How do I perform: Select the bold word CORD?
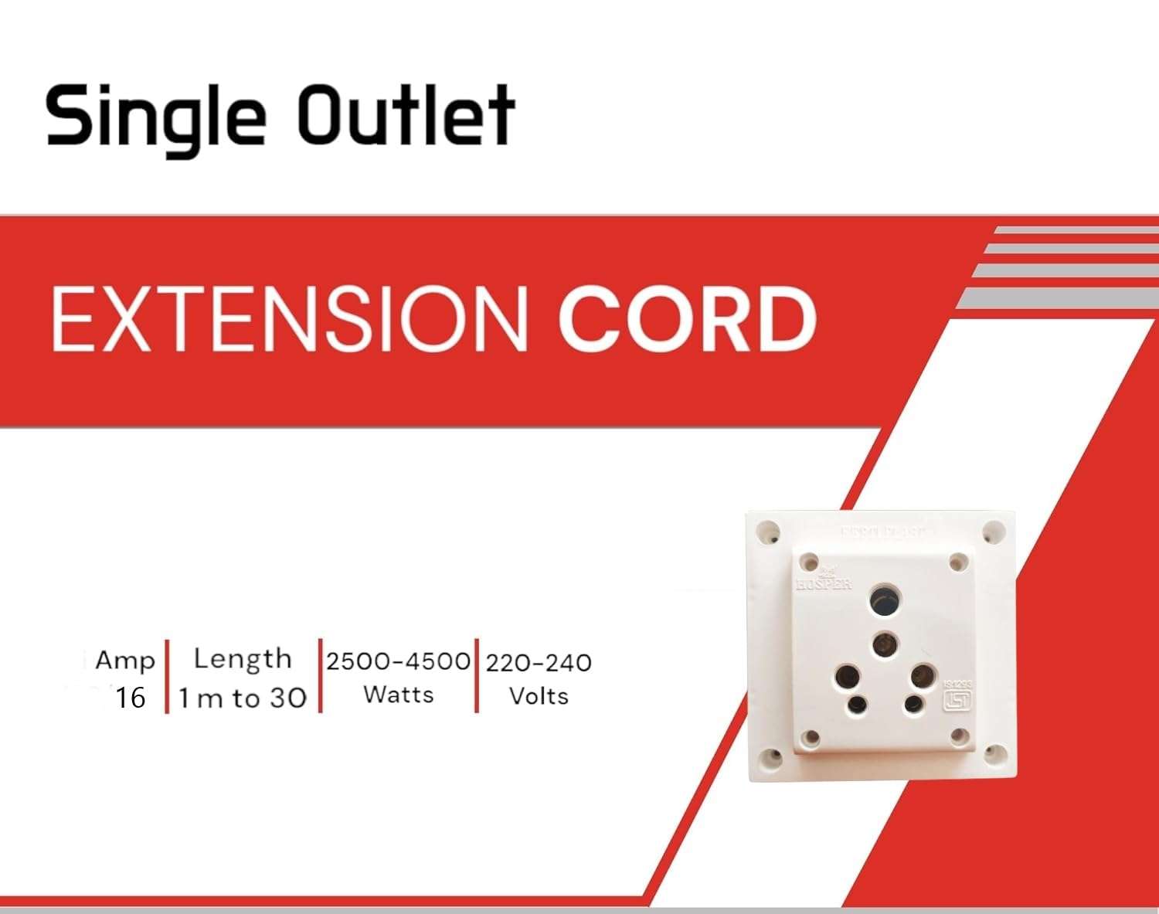click(687, 318)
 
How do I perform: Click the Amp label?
click(124, 661)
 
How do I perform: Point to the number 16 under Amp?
click(130, 698)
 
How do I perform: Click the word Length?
click(243, 659)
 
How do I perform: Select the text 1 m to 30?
click(243, 698)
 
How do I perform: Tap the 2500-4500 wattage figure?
click(398, 661)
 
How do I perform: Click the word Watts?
click(399, 695)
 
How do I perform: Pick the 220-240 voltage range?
click(539, 662)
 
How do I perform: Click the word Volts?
click(539, 695)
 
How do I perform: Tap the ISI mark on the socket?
click(957, 699)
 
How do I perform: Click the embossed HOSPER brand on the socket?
click(824, 582)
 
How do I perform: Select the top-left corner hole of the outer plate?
click(768, 532)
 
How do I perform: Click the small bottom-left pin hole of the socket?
click(857, 705)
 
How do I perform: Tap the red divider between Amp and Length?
click(167, 677)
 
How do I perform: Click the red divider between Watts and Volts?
click(477, 677)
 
